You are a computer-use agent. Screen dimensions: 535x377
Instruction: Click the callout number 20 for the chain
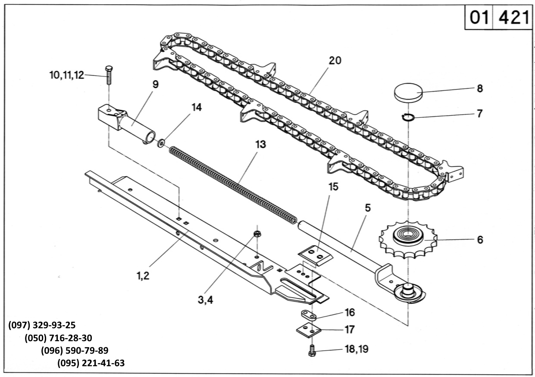(x=335, y=61)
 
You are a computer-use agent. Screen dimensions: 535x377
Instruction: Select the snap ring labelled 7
(x=408, y=117)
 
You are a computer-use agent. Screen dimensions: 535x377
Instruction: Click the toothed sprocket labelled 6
(x=408, y=240)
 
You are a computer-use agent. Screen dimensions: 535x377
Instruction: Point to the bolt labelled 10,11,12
(x=109, y=75)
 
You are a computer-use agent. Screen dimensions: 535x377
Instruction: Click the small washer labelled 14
(x=161, y=143)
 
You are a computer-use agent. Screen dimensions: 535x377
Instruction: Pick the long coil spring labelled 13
(x=233, y=185)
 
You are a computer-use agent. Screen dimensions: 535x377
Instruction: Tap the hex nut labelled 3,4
(x=257, y=233)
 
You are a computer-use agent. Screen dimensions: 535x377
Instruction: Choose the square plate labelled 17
(x=309, y=330)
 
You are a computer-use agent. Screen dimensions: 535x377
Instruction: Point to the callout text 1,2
(x=143, y=276)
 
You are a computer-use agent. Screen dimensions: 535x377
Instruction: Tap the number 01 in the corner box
(x=479, y=17)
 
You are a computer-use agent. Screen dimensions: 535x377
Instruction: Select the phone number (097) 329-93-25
(x=42, y=325)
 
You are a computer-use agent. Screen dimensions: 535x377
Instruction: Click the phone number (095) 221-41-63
(x=91, y=363)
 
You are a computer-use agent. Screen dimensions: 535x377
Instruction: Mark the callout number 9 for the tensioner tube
(x=155, y=85)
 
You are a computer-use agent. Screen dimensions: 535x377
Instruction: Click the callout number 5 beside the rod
(x=368, y=208)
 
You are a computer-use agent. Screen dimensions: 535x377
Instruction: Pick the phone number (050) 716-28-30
(x=58, y=338)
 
